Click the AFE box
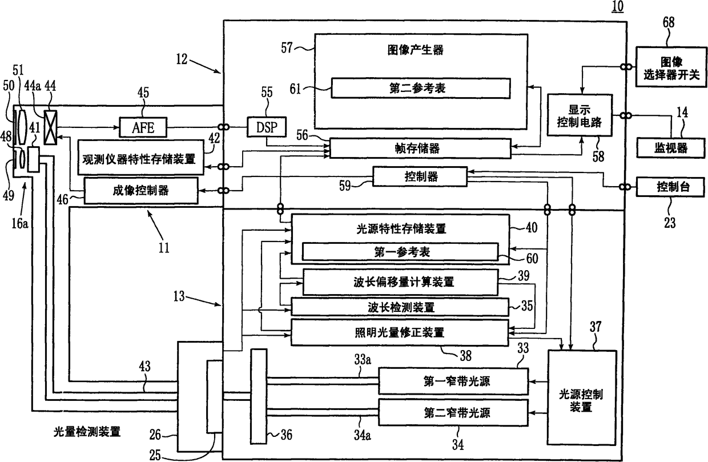pyautogui.click(x=143, y=127)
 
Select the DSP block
pyautogui.click(x=267, y=127)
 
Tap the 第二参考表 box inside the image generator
pyautogui.click(x=420, y=88)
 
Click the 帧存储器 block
pyautogui.click(x=420, y=148)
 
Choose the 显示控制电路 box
pyautogui.click(x=580, y=115)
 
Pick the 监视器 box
pyautogui.click(x=671, y=148)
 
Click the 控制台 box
pyautogui.click(x=670, y=187)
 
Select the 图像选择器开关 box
pyautogui.click(x=671, y=67)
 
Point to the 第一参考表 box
pyautogui.click(x=400, y=252)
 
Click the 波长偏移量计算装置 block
pyautogui.click(x=401, y=282)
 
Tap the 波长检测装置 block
pyautogui.click(x=400, y=307)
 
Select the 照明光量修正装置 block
pyautogui.click(x=400, y=332)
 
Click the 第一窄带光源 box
pyautogui.click(x=453, y=381)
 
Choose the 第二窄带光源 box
pyautogui.click(x=453, y=412)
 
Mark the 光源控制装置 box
pyautogui.click(x=582, y=397)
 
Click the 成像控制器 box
pyautogui.click(x=141, y=190)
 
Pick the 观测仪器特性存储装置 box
pyautogui.click(x=140, y=158)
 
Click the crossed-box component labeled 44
pyautogui.click(x=51, y=127)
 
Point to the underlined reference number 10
pyautogui.click(x=618, y=6)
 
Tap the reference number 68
pyautogui.click(x=669, y=22)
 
